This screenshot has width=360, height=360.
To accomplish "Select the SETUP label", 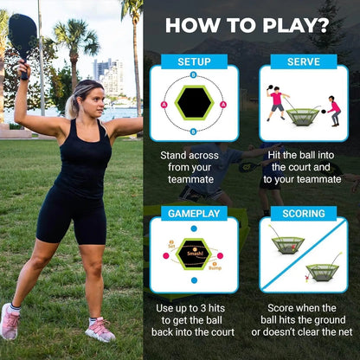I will (194, 62).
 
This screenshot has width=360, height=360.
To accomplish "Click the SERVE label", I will (303, 62).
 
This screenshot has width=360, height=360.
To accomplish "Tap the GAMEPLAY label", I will (194, 214).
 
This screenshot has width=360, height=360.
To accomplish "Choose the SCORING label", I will (303, 214).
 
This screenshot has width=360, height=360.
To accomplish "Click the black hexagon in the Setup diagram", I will (194, 105).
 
